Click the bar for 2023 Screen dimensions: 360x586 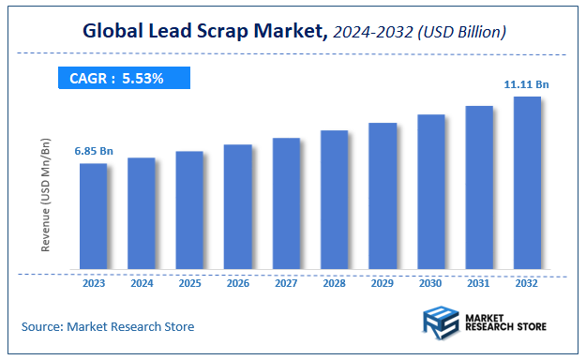(93, 217)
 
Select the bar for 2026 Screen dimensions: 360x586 (237, 207)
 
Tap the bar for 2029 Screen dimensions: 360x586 (382, 196)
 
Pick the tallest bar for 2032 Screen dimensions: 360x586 (527, 184)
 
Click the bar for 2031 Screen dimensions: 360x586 (479, 188)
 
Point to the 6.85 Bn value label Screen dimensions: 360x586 (93, 151)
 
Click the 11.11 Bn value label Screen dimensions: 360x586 (526, 84)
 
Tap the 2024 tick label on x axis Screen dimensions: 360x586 (142, 282)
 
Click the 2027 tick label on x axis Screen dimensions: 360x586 (286, 282)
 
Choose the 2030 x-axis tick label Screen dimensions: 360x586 (430, 282)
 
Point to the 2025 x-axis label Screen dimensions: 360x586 (189, 282)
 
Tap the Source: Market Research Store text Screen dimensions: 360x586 (108, 326)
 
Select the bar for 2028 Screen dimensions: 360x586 (334, 201)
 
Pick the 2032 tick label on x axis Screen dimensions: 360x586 (527, 282)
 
